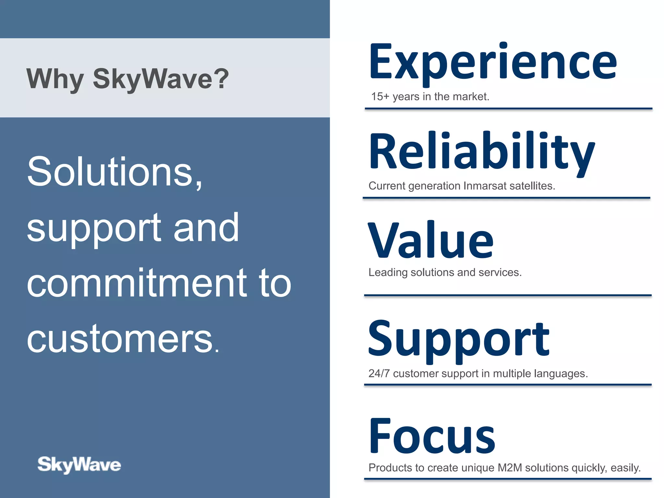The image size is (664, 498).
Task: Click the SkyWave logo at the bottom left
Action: click(x=79, y=465)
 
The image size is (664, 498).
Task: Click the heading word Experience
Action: click(x=493, y=62)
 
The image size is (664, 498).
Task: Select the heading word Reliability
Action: click(x=482, y=151)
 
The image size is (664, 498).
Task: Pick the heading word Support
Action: click(x=459, y=339)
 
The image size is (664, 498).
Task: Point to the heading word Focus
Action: click(x=432, y=436)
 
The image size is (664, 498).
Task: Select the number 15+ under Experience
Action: click(x=380, y=97)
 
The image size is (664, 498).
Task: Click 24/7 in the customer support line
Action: click(x=379, y=373)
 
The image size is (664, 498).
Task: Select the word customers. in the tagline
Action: click(x=123, y=339)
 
